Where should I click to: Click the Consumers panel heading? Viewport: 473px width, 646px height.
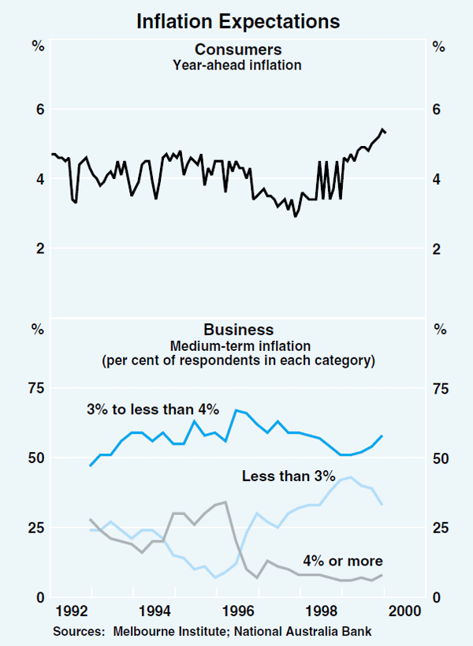237,51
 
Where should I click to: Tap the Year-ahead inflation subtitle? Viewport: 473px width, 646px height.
237,65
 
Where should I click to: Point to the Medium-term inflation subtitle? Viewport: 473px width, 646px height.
237,345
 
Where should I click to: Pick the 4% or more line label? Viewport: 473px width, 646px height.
343,562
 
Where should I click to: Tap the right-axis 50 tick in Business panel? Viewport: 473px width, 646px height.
441,459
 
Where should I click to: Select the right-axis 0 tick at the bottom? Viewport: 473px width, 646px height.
438,598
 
